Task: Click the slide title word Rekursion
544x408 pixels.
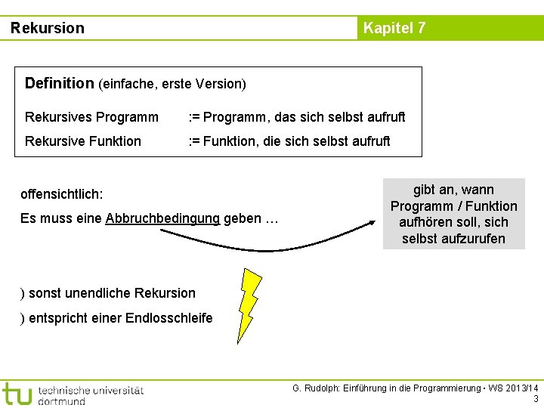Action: coord(48,29)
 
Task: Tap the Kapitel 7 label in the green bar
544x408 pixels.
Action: coord(394,29)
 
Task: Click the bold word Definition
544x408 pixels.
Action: coord(59,83)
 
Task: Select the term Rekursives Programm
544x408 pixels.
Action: coord(91,117)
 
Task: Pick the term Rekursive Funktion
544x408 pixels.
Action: coord(82,141)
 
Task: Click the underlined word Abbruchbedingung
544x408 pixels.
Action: coord(162,219)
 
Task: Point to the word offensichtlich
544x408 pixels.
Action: coord(61,194)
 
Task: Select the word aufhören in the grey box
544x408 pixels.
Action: coord(425,222)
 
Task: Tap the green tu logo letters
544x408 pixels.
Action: coord(17,394)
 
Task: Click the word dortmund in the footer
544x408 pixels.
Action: coord(61,401)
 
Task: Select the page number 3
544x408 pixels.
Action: coord(536,399)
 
